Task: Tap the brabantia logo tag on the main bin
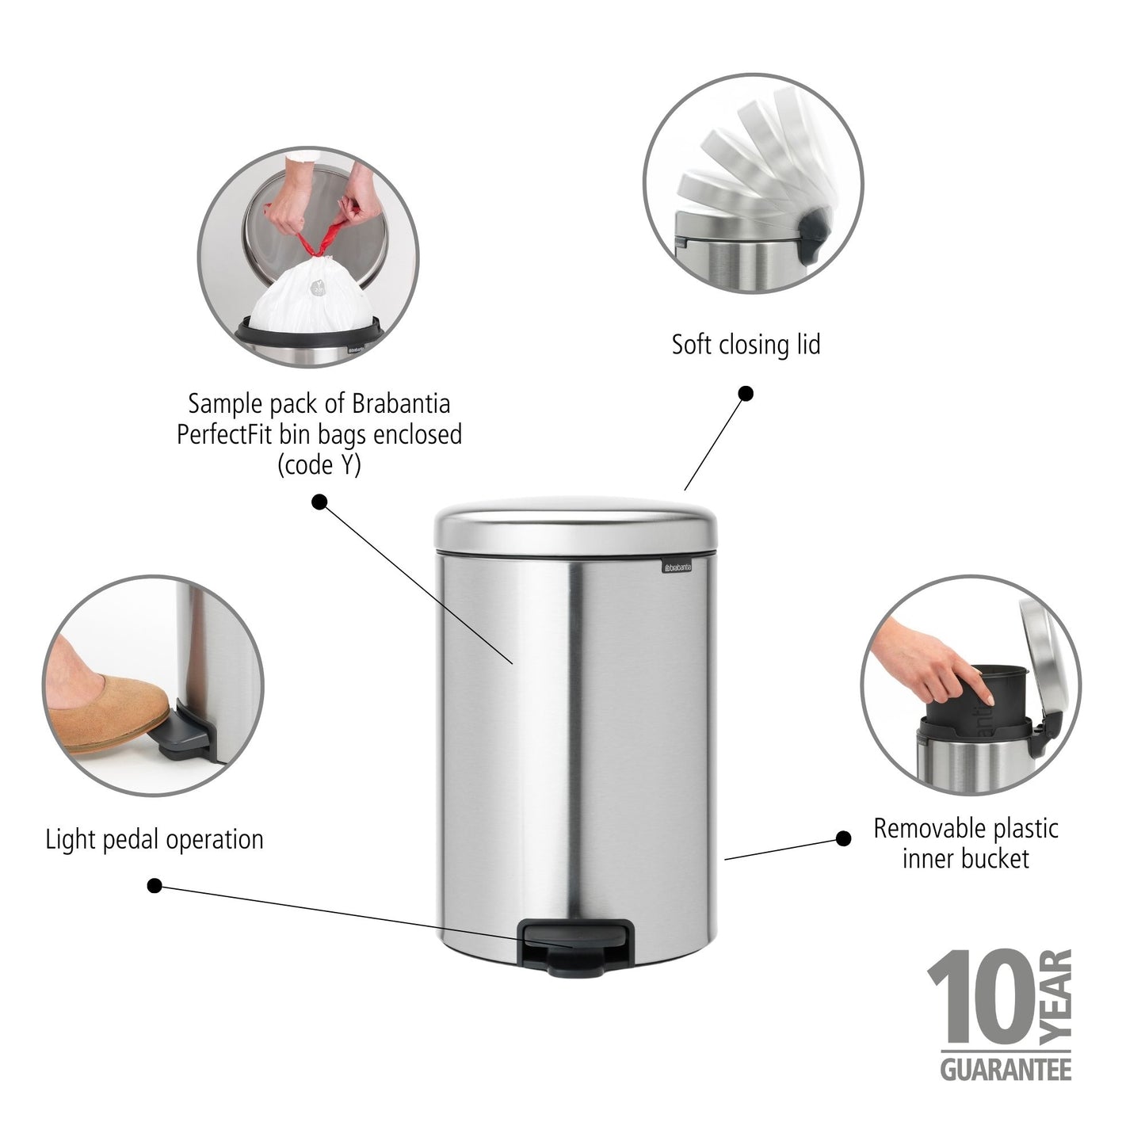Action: coord(677,567)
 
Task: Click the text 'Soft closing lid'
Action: coord(746,345)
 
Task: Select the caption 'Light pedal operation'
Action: coord(155,839)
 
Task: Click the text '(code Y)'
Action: coord(319,465)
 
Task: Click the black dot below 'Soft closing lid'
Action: coord(746,394)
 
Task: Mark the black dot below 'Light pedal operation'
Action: coord(155,886)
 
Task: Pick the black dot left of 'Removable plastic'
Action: coord(844,838)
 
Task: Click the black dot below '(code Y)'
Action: coord(319,502)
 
